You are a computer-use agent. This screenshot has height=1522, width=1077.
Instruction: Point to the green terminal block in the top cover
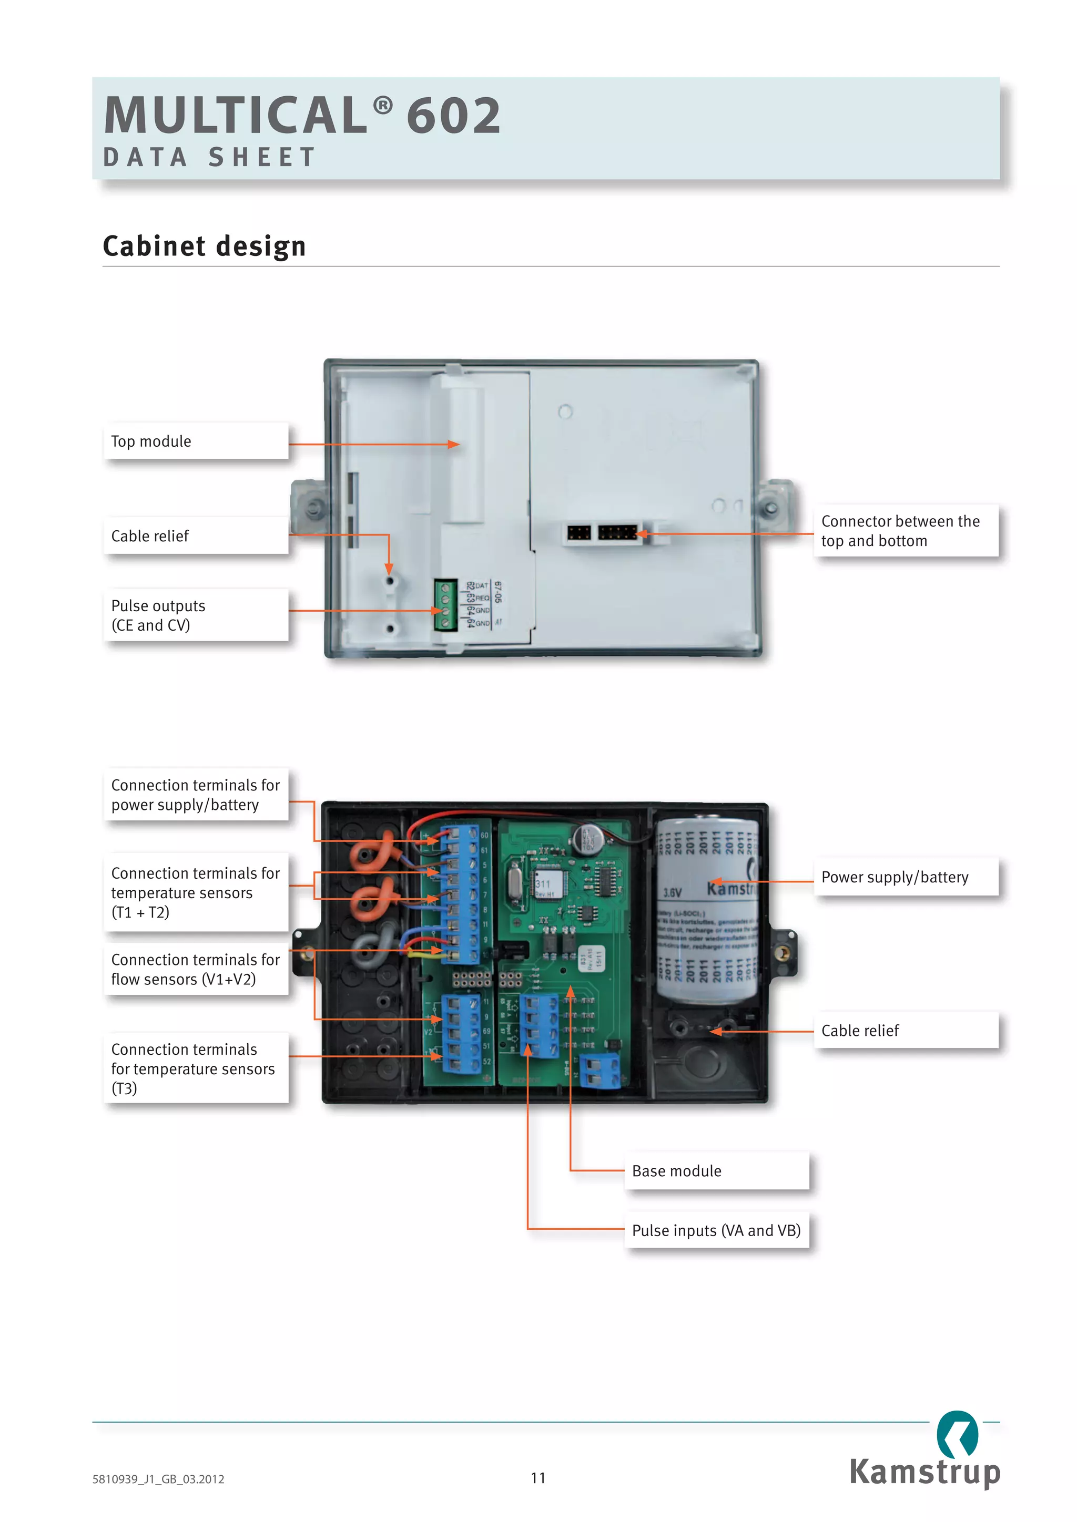(x=445, y=604)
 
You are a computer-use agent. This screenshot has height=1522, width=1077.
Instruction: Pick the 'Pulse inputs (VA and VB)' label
(x=716, y=1230)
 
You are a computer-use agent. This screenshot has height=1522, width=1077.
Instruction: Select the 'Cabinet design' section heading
(x=204, y=246)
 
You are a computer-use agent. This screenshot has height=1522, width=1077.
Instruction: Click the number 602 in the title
(x=454, y=115)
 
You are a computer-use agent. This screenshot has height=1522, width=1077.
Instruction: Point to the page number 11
(x=538, y=1477)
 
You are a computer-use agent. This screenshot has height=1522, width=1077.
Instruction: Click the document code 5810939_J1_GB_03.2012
(x=158, y=1479)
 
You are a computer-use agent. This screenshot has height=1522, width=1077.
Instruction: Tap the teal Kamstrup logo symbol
(x=957, y=1434)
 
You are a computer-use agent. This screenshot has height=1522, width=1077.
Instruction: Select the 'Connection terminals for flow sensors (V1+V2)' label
(x=196, y=969)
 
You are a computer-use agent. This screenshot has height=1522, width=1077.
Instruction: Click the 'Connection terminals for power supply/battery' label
(x=196, y=795)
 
